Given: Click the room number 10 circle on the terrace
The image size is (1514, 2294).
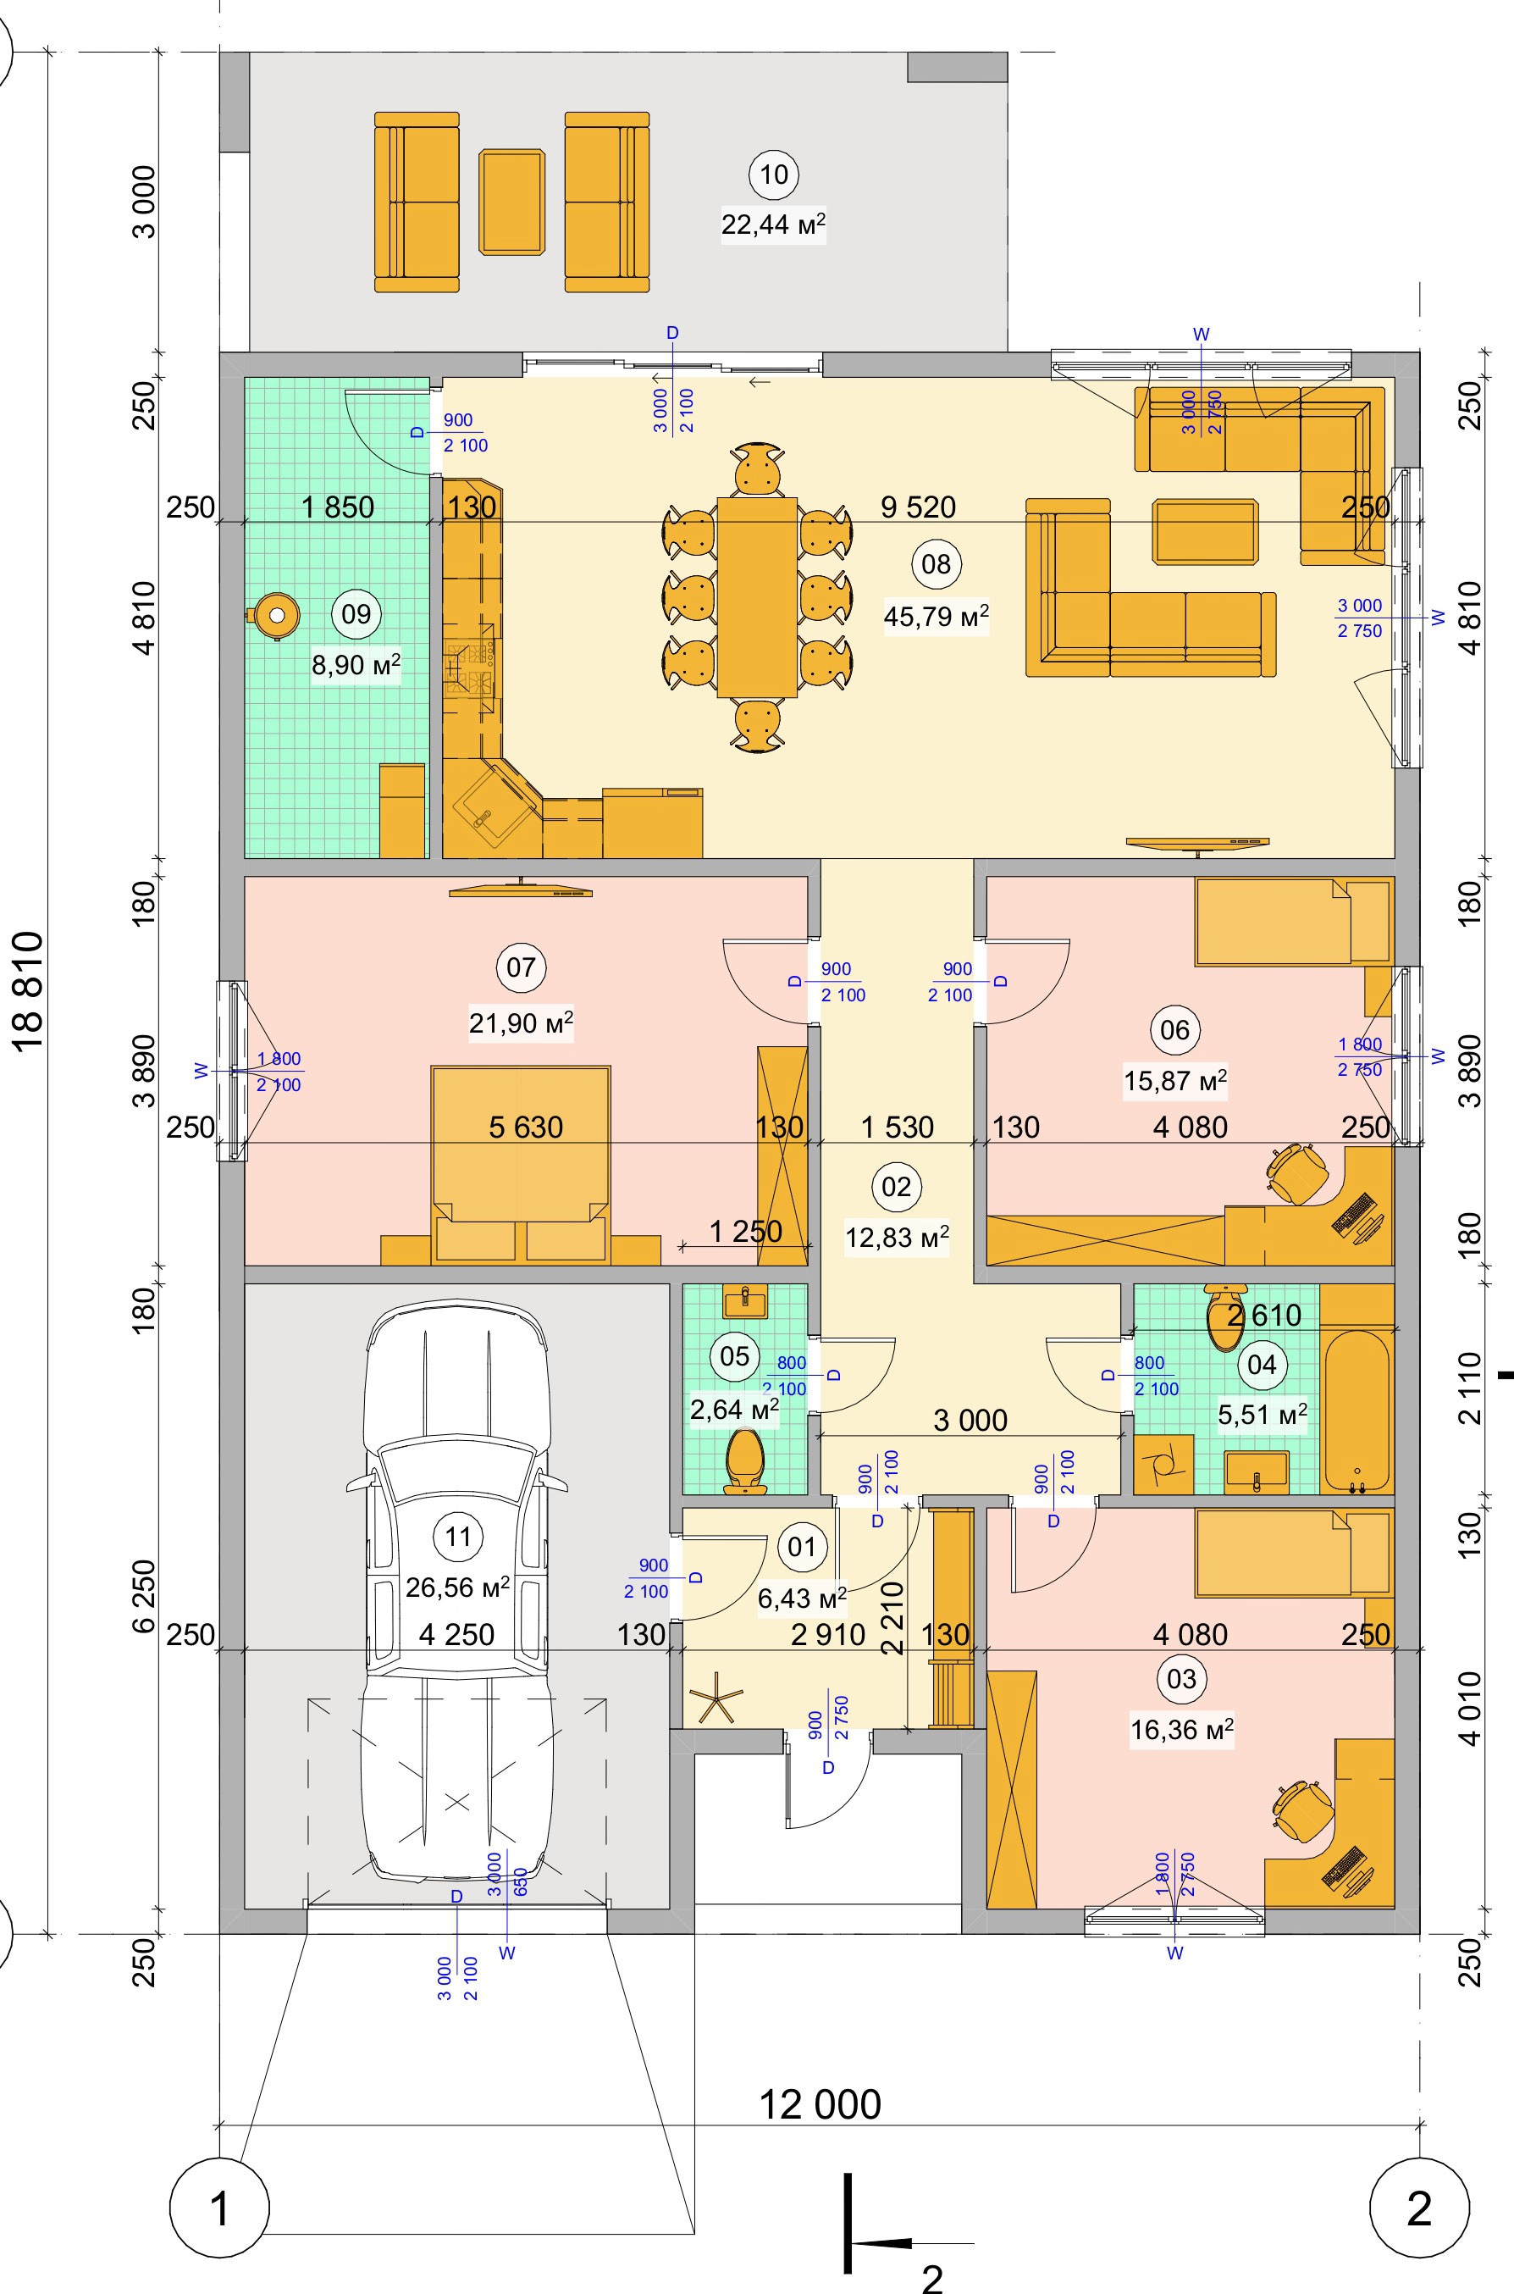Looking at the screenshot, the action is point(773,175).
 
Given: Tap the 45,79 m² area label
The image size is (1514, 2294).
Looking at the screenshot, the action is point(936,616).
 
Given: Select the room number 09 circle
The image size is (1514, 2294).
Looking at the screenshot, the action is point(356,613).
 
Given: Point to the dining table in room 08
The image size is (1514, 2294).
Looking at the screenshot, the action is point(757,596).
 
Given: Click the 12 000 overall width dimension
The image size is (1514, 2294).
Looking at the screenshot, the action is point(820,2103).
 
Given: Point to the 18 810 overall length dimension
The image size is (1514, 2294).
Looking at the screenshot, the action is point(30,995).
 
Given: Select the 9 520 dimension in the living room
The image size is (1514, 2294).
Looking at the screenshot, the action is point(917,506).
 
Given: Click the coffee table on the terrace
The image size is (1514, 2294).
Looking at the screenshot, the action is point(511,202).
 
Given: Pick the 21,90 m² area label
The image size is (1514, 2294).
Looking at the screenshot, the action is point(521,1022).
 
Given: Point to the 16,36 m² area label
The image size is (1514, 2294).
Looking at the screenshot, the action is point(1181,1729).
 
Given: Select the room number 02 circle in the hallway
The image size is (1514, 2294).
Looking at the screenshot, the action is point(896,1186).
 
